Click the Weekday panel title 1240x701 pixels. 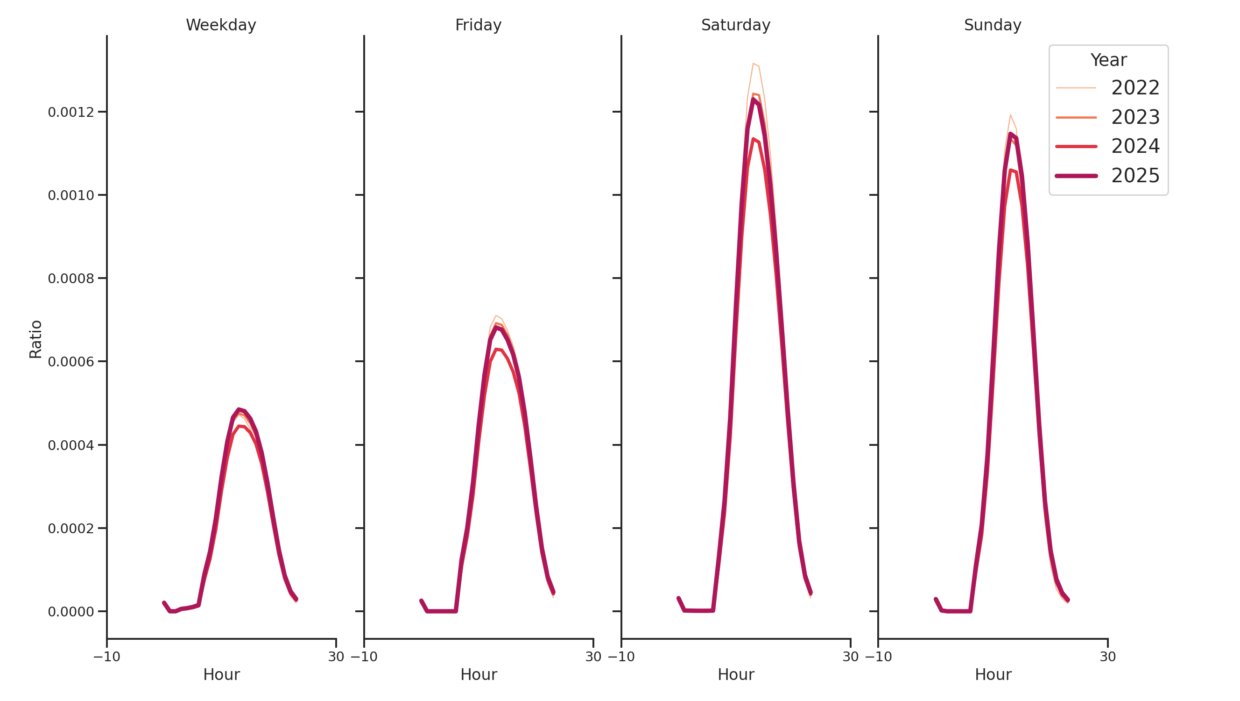(220, 25)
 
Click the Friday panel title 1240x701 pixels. (478, 25)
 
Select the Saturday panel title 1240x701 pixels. (735, 25)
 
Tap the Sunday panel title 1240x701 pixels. (992, 25)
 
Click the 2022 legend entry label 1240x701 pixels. (1134, 88)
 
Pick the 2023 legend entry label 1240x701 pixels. (1134, 117)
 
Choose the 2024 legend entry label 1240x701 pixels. (1134, 146)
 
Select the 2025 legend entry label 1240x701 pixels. (1134, 175)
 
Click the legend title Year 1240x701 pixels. (1108, 60)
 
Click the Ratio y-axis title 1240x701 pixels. (35, 339)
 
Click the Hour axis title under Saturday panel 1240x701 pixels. (735, 674)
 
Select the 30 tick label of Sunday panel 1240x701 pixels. (1107, 657)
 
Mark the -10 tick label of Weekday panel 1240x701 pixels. (106, 657)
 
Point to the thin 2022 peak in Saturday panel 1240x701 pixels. (753, 64)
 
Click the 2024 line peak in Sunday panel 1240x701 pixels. (1010, 170)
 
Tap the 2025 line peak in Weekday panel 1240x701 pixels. (239, 409)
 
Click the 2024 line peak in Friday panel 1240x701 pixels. (496, 349)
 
